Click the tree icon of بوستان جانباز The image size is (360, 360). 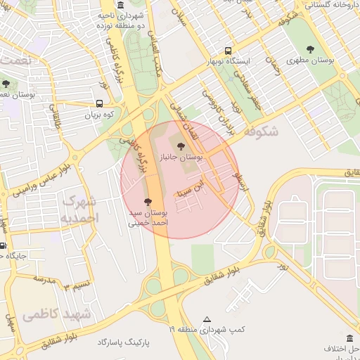(x=181, y=146)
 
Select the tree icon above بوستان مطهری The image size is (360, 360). (x=310, y=49)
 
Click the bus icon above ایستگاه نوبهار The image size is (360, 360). (x=227, y=51)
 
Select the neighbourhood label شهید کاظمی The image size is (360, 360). (x=56, y=314)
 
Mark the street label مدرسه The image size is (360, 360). (x=44, y=279)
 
